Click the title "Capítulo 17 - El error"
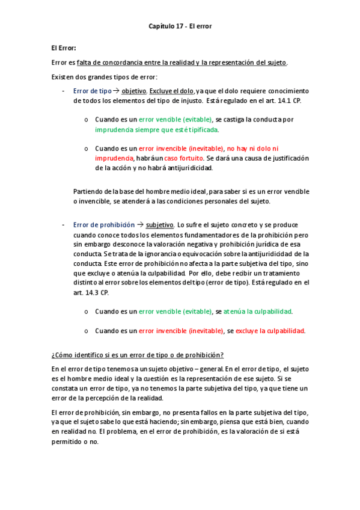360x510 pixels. (x=180, y=26)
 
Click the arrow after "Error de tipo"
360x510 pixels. (x=117, y=90)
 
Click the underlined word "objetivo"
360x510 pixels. (x=133, y=90)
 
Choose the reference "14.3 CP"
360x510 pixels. (x=97, y=292)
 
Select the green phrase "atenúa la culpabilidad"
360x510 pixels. (x=257, y=312)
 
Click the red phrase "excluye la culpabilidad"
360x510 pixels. (x=270, y=331)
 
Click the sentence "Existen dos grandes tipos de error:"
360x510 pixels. (x=105, y=76)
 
